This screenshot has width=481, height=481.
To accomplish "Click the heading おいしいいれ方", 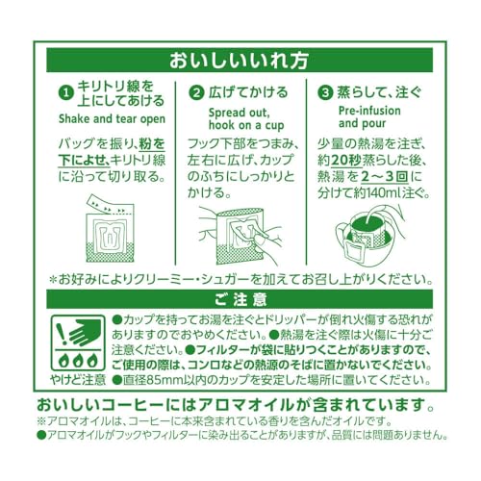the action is (x=239, y=61).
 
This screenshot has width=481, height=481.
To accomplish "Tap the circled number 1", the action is (x=66, y=93).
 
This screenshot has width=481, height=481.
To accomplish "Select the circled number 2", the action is (x=196, y=93).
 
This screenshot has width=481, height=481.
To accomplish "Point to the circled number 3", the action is (x=325, y=93).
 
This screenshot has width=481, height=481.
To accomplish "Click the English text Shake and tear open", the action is (x=112, y=119).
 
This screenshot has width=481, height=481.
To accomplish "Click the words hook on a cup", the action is (x=246, y=125).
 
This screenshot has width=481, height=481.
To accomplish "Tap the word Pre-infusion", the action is (x=369, y=111).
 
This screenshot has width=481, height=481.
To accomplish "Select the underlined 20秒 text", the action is (x=346, y=161).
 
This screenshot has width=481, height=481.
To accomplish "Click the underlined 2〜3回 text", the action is (x=385, y=177).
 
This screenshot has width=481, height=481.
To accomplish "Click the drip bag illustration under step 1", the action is (x=111, y=229).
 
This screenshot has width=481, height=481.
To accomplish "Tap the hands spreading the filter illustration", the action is (x=239, y=236).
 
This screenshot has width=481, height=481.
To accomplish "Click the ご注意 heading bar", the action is (x=240, y=299).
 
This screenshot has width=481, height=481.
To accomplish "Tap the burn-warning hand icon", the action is (x=78, y=342).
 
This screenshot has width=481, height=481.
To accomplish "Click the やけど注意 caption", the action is (x=78, y=380).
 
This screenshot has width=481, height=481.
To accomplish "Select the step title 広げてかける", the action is (x=248, y=92).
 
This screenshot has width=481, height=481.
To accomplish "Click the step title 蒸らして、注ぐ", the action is (x=379, y=92).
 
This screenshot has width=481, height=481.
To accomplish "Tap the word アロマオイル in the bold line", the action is (x=246, y=405).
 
